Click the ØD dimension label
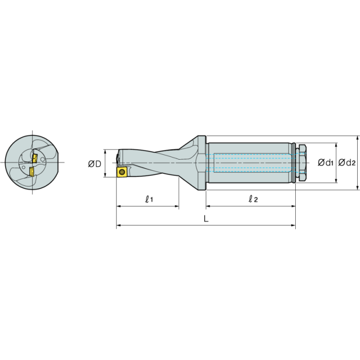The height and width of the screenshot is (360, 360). [x=95, y=164]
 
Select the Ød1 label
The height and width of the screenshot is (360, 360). [x=325, y=163]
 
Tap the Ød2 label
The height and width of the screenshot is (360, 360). [x=347, y=163]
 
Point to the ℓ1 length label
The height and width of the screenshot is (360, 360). [x=149, y=199]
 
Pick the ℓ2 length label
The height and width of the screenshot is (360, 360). [x=253, y=199]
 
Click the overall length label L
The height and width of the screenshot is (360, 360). [x=206, y=219]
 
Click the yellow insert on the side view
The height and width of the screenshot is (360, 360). [x=122, y=172]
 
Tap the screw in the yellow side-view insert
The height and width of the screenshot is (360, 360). [x=122, y=172]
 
